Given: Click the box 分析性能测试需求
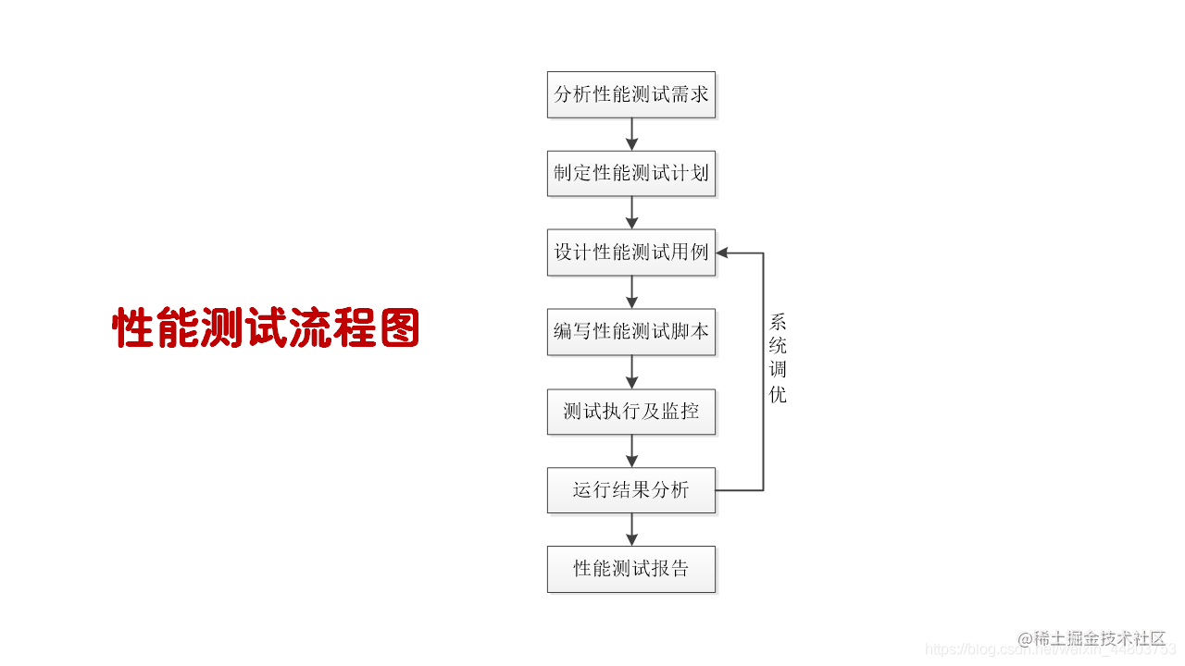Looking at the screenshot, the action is pos(631,94).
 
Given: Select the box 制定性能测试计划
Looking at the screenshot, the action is pos(631,173).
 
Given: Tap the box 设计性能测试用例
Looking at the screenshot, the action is pos(631,253).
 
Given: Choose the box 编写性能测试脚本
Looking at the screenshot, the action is pos(631,331).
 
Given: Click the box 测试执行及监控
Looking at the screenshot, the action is pos(631,411).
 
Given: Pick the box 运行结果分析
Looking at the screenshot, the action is pos(631,489).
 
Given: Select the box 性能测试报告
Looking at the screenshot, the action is pos(631,568).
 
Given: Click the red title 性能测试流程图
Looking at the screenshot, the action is pos(266,328).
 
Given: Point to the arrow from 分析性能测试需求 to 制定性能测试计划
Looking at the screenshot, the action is pos(632,134).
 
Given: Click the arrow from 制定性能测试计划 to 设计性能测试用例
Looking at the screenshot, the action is pos(632,213).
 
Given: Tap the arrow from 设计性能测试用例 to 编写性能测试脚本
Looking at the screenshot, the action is pos(632,292).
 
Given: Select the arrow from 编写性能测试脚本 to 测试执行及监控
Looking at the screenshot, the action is pos(632,371).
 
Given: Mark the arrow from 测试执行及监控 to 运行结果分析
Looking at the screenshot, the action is pos(632,450).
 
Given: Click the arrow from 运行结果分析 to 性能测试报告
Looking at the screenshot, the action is pos(632,529).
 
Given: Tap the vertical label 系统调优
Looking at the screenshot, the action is pos(778,359).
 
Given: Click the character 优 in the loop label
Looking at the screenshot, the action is pos(778,395).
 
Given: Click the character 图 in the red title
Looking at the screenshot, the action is pos(399,328).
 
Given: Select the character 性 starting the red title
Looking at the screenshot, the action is pos(132,328).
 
